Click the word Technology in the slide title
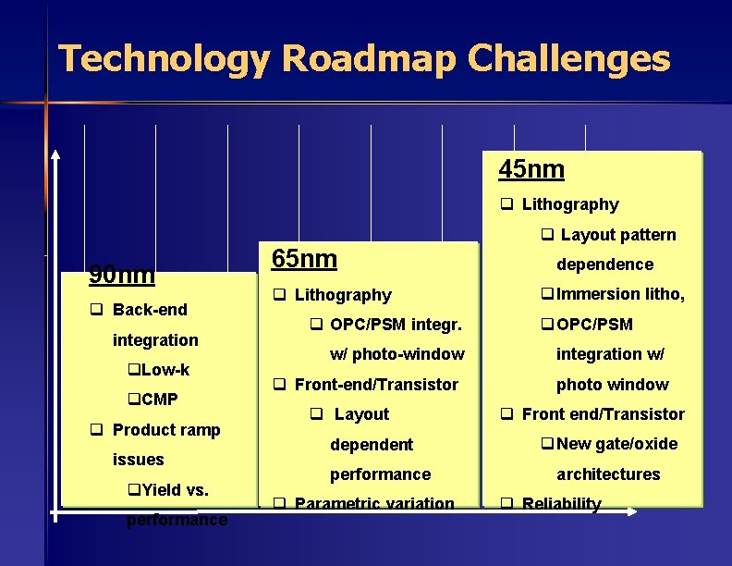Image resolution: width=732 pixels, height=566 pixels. [x=164, y=58]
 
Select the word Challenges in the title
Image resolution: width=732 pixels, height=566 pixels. [x=568, y=58]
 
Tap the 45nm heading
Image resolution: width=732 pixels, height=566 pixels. [x=531, y=170]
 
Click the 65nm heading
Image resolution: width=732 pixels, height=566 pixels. [x=304, y=259]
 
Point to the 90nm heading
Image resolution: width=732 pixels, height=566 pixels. [x=121, y=275]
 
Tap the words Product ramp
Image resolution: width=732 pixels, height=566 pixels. [x=165, y=430]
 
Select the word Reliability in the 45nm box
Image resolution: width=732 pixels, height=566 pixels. [x=561, y=504]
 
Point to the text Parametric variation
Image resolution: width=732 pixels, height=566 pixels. [x=373, y=504]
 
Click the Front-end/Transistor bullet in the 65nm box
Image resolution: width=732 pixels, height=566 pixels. [x=375, y=385]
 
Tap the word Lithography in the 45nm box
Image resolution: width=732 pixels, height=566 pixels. [x=569, y=204]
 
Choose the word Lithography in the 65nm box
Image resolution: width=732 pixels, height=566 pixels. [x=342, y=295]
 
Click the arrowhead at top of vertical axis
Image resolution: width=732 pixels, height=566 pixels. [x=55, y=154]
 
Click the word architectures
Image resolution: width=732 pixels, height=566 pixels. [x=607, y=474]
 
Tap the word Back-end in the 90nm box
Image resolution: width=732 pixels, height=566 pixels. [x=149, y=310]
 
